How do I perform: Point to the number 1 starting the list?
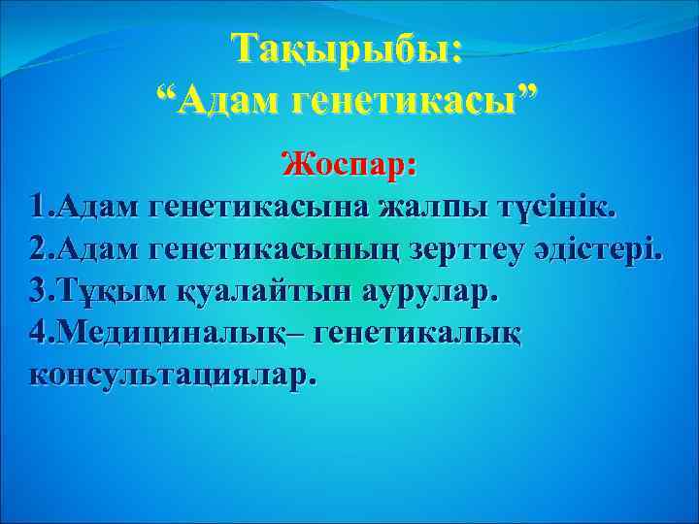tap(38, 207)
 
